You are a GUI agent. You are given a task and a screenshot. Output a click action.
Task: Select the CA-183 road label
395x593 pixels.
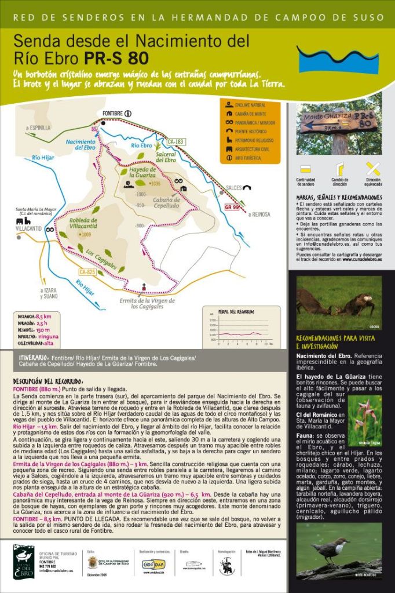[176, 141]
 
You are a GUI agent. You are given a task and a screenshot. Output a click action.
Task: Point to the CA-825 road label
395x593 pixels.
[87, 271]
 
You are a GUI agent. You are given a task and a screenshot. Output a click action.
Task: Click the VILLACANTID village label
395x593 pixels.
[28, 228]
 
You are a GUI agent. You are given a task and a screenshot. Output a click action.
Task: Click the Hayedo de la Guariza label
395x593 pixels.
[142, 172]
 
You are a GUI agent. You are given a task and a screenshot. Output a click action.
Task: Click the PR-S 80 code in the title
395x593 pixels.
[116, 58]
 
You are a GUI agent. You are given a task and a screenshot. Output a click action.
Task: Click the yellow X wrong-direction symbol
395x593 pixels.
[374, 169]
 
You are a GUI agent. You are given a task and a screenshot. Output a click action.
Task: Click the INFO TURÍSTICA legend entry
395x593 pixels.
[250, 158]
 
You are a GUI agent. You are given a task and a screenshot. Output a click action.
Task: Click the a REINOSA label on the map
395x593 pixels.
[259, 214]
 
